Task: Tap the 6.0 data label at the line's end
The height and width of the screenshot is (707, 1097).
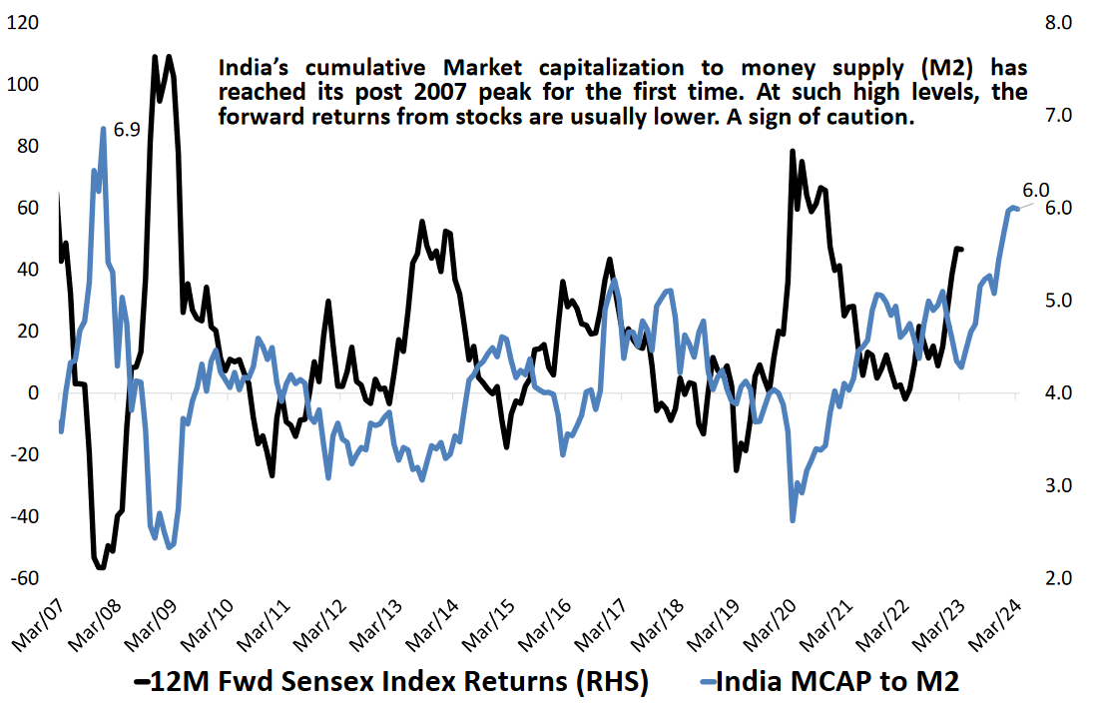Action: click(x=1035, y=190)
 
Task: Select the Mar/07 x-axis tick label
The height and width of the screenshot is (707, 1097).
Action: click(x=36, y=623)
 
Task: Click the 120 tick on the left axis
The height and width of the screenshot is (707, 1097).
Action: click(x=21, y=22)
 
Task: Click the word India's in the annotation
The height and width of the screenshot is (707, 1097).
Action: click(x=255, y=69)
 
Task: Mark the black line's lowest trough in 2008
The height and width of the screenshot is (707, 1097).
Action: click(x=100, y=568)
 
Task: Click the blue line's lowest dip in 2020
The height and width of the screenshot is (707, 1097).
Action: click(x=793, y=520)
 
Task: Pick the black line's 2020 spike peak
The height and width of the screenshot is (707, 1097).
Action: click(x=792, y=151)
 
